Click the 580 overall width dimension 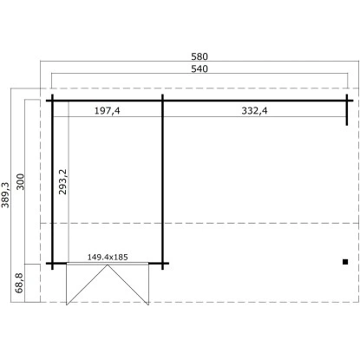[x=200, y=56]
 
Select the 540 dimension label [x=200, y=69]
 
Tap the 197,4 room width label [x=107, y=111]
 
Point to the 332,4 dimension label [x=254, y=111]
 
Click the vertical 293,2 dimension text [x=62, y=181]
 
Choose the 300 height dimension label [x=21, y=181]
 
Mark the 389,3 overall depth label [x=5, y=195]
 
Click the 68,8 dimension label [x=19, y=283]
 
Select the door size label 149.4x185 [x=108, y=257]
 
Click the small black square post [x=345, y=262]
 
